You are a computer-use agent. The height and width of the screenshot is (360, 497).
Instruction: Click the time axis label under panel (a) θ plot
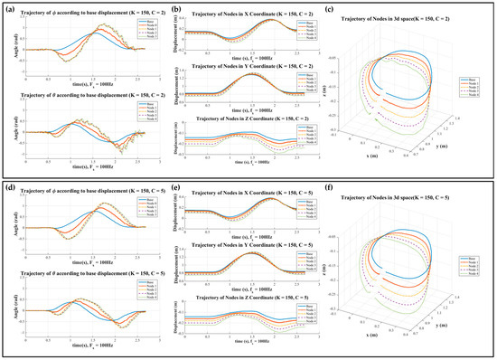(x=81, y=174)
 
